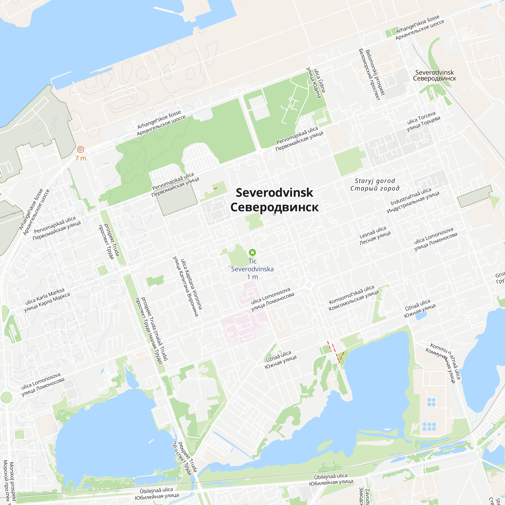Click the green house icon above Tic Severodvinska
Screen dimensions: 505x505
252,252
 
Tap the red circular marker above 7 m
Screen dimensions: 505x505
81,149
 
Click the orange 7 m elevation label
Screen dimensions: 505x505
81,158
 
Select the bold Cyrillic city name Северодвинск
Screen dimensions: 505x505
274,207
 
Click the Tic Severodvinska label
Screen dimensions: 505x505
252,265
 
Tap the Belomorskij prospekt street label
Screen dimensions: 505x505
372,74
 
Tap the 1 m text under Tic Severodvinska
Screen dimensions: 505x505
252,277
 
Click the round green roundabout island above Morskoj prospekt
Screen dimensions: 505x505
6,397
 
